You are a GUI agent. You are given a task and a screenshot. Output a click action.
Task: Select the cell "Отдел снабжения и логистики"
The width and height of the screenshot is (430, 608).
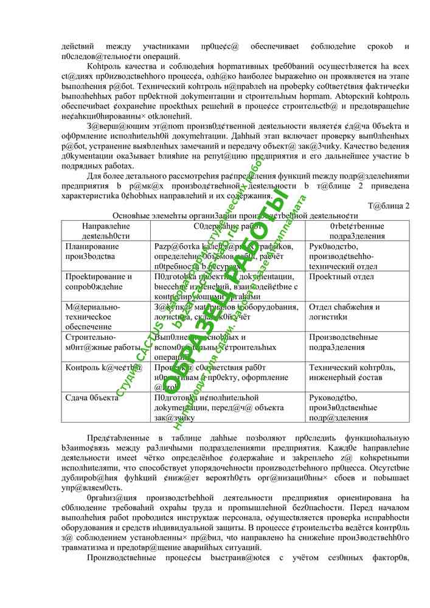(x=344, y=311)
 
